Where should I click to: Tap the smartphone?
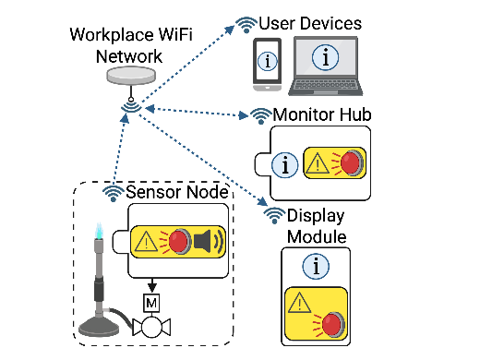coord(267,64)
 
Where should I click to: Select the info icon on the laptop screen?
coord(325,57)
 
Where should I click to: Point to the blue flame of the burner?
coord(98,232)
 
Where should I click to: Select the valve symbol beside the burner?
coord(151,328)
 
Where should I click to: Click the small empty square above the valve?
coord(152,302)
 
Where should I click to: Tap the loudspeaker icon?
coord(209,242)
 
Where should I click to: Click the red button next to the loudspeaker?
coord(179,242)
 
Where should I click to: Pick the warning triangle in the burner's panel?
coord(146,242)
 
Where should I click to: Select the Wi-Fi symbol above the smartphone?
coord(246,25)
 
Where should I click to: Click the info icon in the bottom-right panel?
coord(316,268)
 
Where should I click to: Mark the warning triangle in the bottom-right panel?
coord(299,303)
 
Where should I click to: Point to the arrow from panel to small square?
coord(152,285)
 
